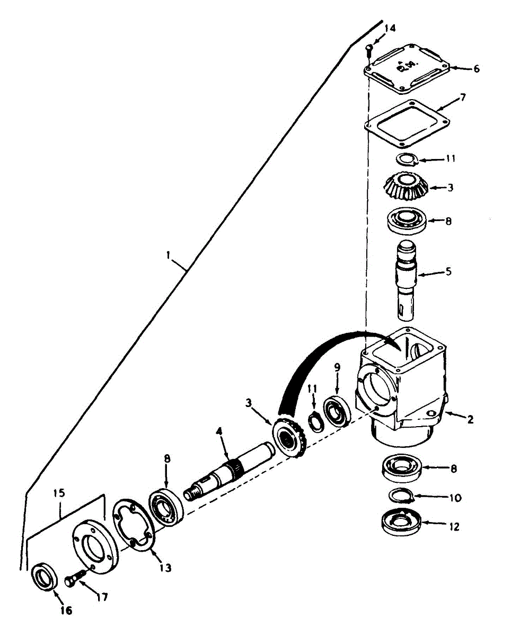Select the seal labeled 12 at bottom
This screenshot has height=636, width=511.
point(401,525)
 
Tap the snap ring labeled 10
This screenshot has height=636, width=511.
point(400,496)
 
